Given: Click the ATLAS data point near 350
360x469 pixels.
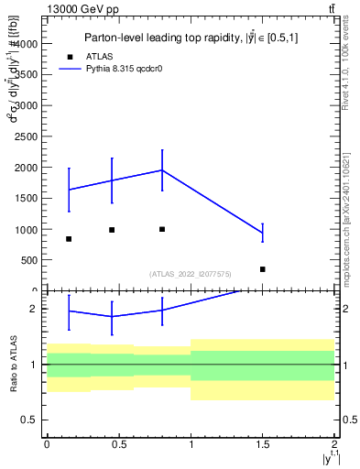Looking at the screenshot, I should (263, 269).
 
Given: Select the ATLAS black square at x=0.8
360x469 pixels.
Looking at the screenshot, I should (162, 229).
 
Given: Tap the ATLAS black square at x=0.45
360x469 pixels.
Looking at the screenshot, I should (112, 230).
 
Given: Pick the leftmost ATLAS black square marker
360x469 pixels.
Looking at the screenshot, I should (69, 239).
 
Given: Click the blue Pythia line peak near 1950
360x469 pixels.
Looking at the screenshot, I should (162, 170).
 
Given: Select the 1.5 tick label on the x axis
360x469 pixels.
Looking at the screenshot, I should (263, 442).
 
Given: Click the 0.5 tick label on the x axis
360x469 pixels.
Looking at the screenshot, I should (119, 442).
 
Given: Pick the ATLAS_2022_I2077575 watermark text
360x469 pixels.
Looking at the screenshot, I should (191, 274).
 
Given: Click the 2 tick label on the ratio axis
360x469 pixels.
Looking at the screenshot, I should (33, 309).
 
